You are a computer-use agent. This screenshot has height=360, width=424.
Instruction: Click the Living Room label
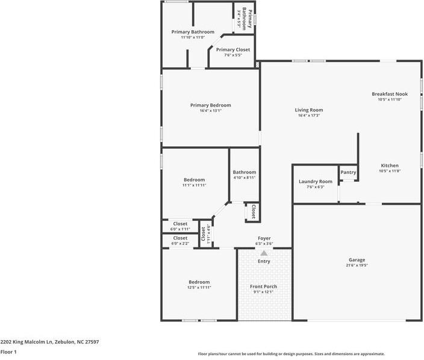[308, 110]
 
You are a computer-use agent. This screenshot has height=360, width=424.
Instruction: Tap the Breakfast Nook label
[389, 94]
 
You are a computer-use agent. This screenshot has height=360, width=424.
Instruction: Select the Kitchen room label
[389, 166]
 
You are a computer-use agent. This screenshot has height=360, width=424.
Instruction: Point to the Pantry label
[348, 173]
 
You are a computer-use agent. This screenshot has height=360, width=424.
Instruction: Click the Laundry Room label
[316, 181]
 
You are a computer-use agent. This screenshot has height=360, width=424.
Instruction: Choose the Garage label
[357, 260]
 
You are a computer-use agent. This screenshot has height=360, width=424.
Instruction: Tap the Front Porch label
[263, 286]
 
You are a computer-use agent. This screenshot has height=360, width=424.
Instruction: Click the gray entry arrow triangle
[264, 253]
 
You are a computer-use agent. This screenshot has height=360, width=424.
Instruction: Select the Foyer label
[264, 238]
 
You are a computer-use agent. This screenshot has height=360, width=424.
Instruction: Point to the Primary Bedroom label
[210, 105]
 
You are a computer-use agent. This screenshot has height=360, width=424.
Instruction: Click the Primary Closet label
[232, 50]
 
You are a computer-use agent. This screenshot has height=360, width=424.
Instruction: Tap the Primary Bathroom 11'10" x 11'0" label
[193, 32]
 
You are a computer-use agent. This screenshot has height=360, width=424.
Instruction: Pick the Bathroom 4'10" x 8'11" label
[245, 172]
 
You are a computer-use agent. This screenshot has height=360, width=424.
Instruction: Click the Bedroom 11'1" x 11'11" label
[194, 180]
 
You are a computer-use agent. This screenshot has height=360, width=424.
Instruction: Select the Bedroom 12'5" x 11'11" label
[199, 282]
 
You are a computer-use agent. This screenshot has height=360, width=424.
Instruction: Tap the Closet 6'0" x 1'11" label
[180, 224]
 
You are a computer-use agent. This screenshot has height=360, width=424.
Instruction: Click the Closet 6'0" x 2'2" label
[180, 238]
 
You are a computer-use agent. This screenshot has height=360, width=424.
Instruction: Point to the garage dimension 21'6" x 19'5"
[357, 265]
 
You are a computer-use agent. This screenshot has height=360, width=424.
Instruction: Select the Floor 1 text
[8, 352]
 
